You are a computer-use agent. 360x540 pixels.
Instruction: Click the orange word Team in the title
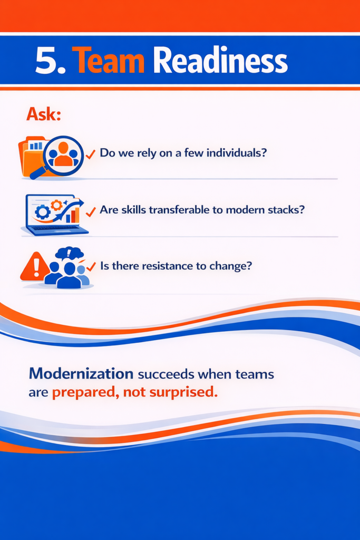109,61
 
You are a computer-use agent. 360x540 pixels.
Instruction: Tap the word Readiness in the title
220,61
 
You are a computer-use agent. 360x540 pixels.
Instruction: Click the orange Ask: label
44,114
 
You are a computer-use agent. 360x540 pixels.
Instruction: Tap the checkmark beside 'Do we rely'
91,154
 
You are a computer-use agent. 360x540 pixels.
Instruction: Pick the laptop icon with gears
55,215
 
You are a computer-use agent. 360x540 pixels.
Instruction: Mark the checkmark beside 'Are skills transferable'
91,212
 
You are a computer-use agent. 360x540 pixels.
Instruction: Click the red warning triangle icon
35,266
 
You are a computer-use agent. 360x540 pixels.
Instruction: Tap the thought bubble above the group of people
70,254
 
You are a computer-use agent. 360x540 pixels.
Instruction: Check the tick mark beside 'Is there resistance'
91,266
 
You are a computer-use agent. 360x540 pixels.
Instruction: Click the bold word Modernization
81,374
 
